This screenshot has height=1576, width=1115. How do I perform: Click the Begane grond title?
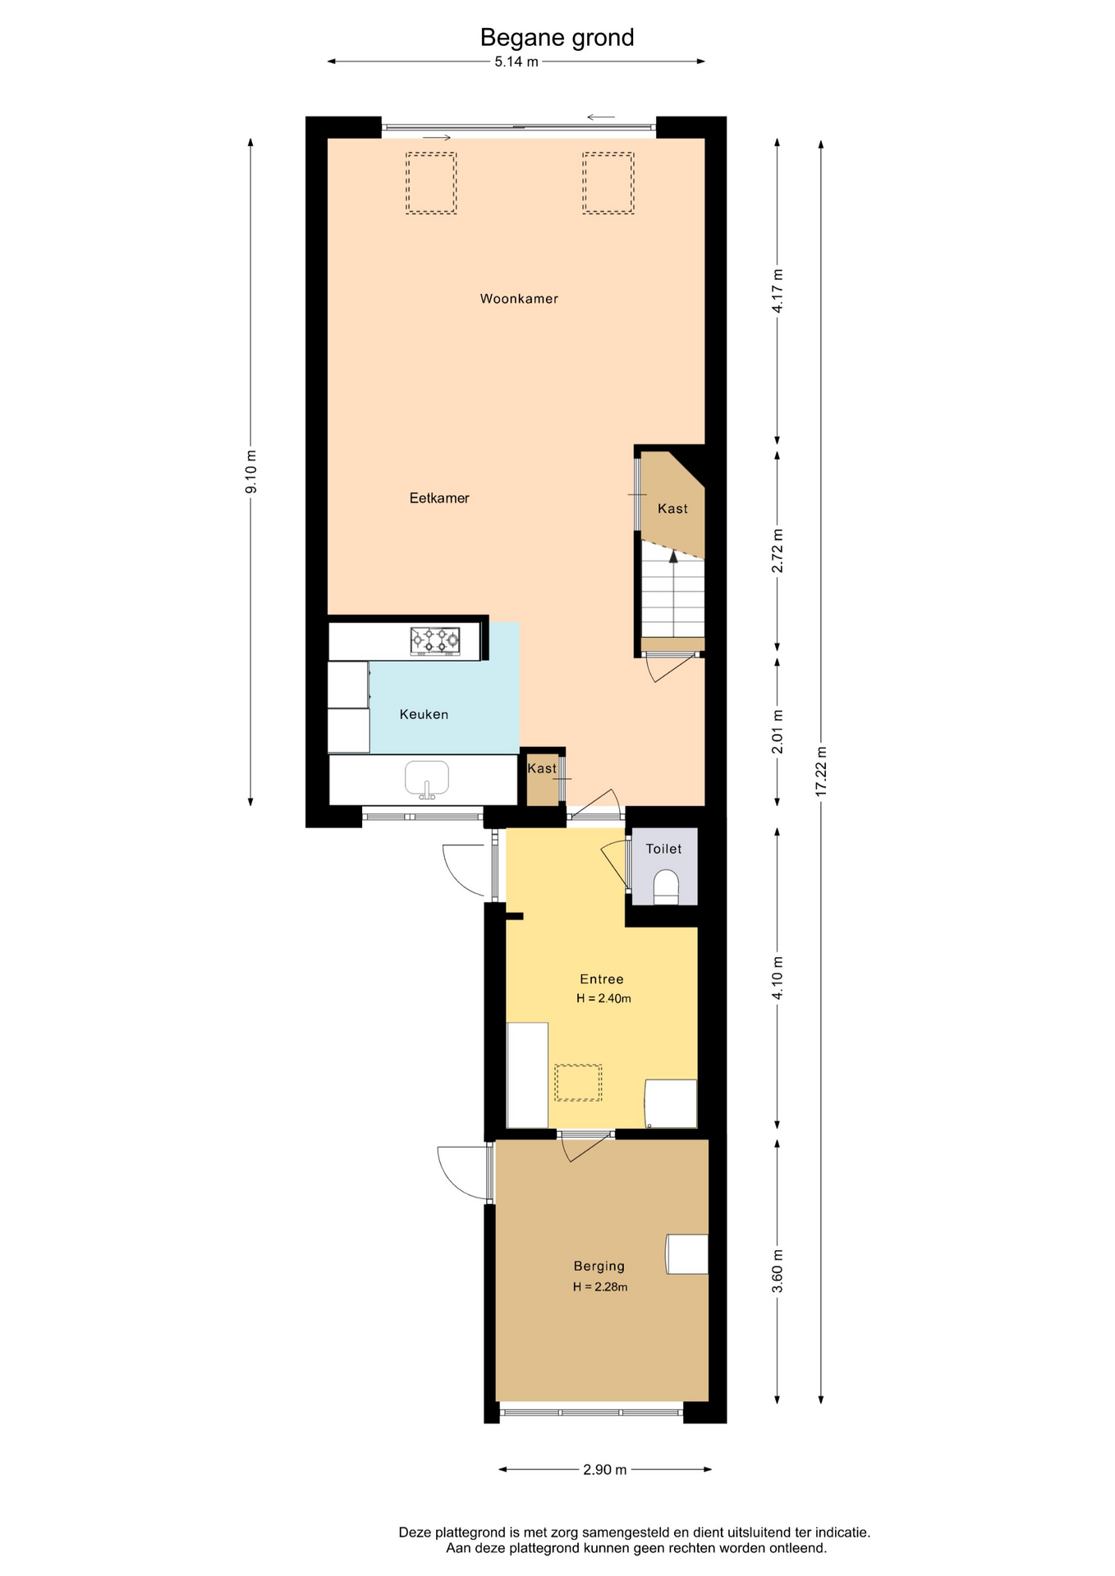(557, 38)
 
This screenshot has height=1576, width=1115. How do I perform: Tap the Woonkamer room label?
(519, 299)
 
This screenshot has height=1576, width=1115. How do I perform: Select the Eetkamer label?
(439, 497)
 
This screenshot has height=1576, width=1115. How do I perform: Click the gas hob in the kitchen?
(435, 640)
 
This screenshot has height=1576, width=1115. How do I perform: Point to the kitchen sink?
(427, 780)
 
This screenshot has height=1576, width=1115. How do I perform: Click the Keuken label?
(424, 714)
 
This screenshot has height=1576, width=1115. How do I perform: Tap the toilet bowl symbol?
(666, 887)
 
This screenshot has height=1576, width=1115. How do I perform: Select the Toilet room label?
(663, 849)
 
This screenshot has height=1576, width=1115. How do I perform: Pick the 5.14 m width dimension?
(516, 62)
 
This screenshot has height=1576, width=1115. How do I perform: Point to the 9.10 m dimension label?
(251, 472)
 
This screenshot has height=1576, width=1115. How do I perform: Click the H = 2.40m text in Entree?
(603, 998)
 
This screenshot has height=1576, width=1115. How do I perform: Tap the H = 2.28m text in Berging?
(600, 1286)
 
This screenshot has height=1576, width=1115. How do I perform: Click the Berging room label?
(599, 1266)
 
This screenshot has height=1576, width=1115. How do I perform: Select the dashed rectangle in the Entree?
(579, 1083)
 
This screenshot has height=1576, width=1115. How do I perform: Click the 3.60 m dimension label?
(778, 1271)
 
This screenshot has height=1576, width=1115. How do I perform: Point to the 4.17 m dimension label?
(778, 291)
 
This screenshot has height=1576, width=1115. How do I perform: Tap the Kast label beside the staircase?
(672, 509)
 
